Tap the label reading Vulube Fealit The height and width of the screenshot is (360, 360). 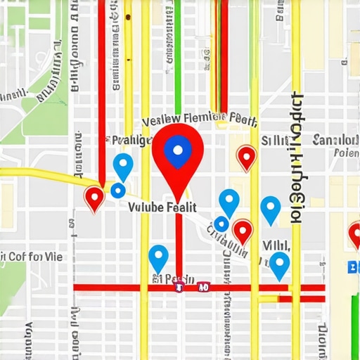[x=162, y=207]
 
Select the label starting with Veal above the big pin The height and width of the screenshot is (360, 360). [x=199, y=117]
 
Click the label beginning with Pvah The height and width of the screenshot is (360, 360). [x=132, y=140]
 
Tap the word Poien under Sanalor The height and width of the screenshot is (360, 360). [x=346, y=152]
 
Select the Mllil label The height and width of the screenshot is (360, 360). [x=276, y=244]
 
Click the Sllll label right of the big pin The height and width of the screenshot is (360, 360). [x=274, y=141]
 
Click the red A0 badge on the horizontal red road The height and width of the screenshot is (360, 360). [x=202, y=287]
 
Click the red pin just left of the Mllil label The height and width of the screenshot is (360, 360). [x=243, y=231]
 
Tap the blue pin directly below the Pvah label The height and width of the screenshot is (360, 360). [x=123, y=167]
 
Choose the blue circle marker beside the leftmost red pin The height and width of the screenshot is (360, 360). [x=118, y=191]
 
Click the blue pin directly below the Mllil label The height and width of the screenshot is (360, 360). [x=280, y=264]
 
